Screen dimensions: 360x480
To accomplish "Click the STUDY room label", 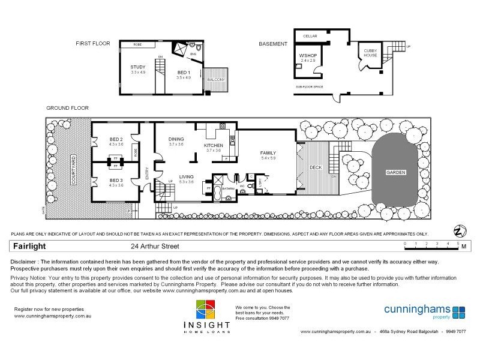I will tap(139, 67).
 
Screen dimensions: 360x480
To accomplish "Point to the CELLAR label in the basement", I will tap(310, 36).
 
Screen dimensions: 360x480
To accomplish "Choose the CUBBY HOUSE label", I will tap(367, 53).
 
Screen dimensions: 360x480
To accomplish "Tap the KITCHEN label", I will tap(214, 145).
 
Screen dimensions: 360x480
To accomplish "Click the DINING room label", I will tap(176, 139).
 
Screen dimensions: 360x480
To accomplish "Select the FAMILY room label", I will tap(268, 153).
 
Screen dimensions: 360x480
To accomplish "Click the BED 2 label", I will tap(116, 139).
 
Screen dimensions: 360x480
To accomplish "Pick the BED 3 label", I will tap(116, 180).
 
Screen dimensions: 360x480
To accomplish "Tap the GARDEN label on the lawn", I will tap(395, 172).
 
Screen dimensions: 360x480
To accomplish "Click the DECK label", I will tap(316, 167).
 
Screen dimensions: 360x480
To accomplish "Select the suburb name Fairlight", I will tap(30, 246).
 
